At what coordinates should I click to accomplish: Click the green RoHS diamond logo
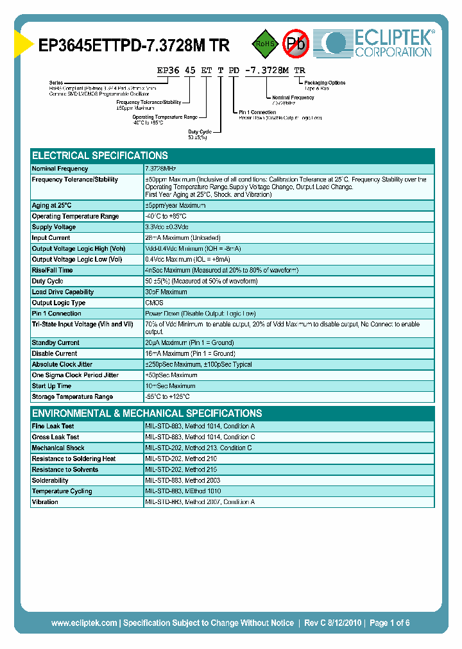point(263,44)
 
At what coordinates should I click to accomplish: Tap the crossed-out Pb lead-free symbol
point(296,44)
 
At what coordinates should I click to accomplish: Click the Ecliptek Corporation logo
point(379,44)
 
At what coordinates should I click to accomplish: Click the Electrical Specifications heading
point(100,156)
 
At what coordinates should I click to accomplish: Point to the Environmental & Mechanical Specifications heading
point(147,414)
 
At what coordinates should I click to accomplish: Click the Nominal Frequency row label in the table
point(60,169)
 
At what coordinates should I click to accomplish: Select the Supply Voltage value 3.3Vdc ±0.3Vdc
point(167,227)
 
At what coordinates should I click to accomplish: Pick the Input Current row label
point(51,238)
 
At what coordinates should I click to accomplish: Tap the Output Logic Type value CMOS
point(154,303)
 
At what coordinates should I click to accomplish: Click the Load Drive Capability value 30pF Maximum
point(166,292)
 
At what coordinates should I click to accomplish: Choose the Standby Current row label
point(55,343)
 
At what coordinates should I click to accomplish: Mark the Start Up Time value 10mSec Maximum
point(170,386)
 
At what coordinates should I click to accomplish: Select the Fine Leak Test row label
point(53,426)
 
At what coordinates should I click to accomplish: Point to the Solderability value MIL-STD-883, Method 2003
point(183,480)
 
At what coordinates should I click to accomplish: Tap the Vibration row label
point(45,502)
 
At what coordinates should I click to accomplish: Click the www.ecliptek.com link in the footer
point(84,623)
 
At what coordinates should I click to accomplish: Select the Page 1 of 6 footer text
point(389,623)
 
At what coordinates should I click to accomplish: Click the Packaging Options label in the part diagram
point(325,83)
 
